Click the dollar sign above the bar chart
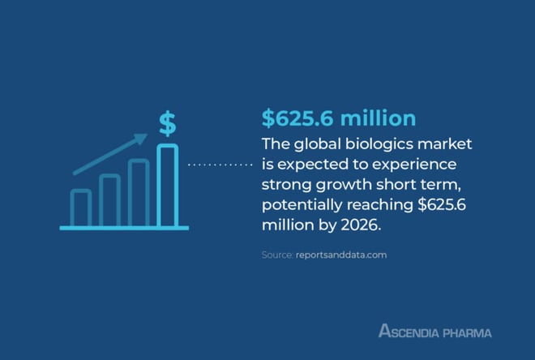point(168,123)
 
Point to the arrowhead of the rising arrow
point(141,138)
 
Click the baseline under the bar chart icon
point(124,228)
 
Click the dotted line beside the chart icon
point(220,165)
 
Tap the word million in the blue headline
point(378,118)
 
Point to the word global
point(317,144)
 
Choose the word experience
point(414,165)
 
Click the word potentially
point(302,205)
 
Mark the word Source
point(277,255)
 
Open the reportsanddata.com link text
point(341,255)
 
